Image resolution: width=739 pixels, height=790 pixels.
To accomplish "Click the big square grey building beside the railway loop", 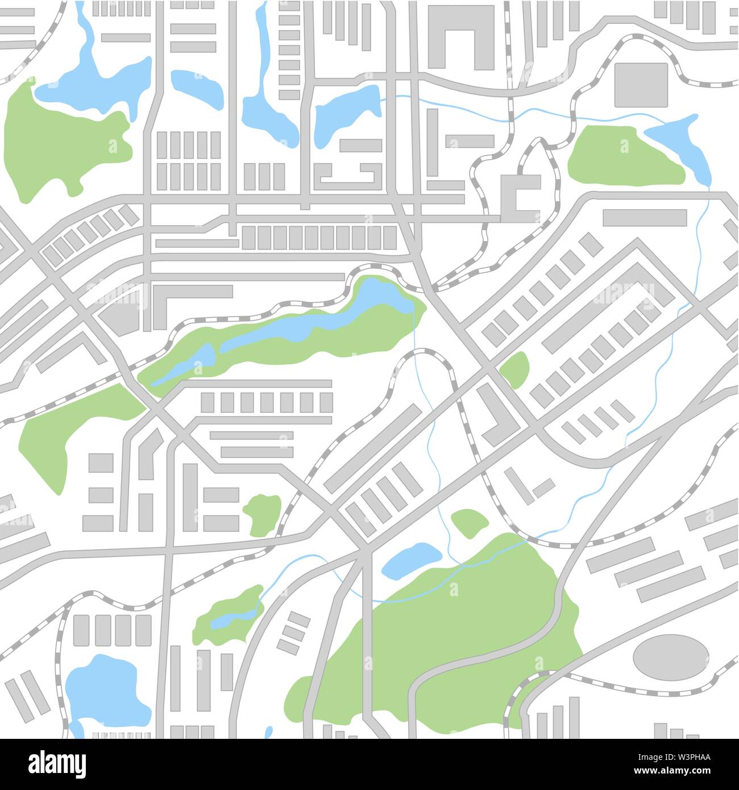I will (x=641, y=85).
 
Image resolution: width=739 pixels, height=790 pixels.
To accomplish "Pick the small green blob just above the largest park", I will (x=470, y=523).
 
